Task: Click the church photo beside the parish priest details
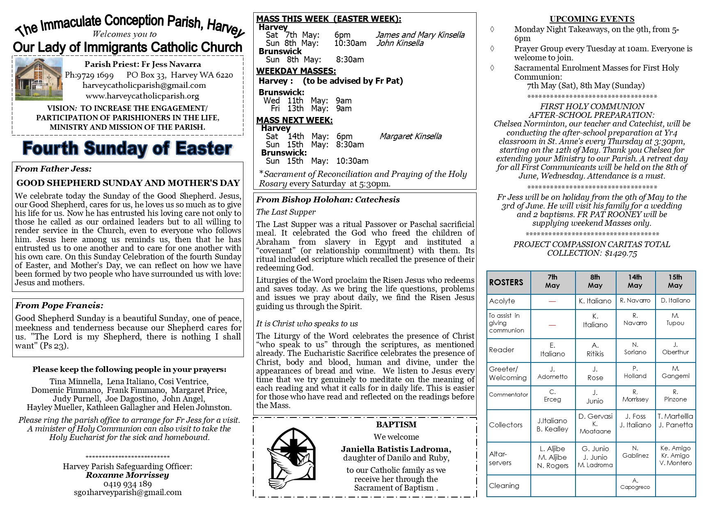[39, 79]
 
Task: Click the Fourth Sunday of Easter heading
[127, 148]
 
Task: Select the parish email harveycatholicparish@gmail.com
[144, 85]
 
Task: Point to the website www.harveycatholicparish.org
[142, 96]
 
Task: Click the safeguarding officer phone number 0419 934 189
[127, 484]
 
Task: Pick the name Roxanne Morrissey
[127, 475]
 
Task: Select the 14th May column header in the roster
[635, 281]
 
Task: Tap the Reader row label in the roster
[501, 350]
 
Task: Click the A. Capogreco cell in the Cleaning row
[635, 484]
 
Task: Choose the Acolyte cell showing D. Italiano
[675, 300]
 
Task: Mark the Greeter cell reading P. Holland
[635, 372]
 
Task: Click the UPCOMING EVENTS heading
[592, 19]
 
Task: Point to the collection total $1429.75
[621, 253]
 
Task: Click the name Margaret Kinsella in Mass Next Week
[410, 136]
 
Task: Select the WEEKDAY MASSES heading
[296, 71]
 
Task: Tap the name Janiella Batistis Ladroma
[396, 449]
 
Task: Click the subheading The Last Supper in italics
[286, 212]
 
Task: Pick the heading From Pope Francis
[59, 305]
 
